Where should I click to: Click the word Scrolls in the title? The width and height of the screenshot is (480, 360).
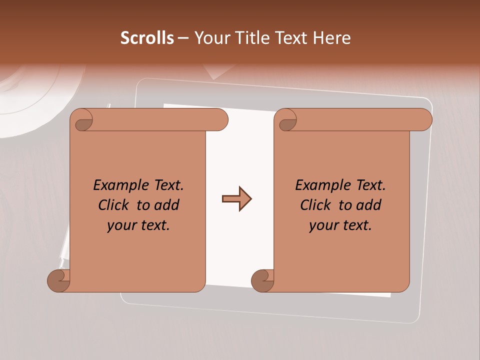coord(147,38)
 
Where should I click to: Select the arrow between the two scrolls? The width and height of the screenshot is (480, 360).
coord(236,199)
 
